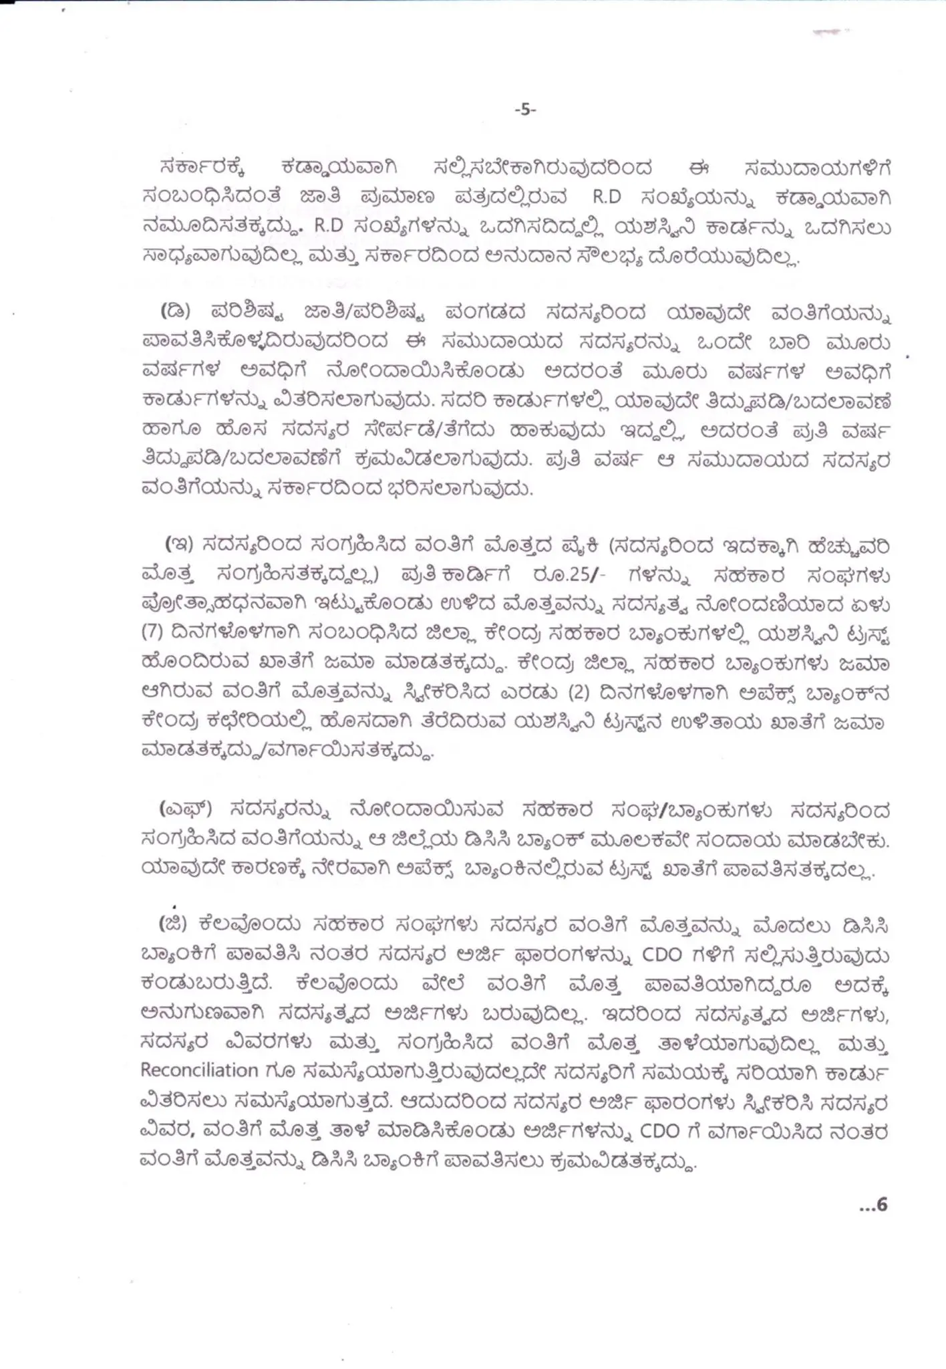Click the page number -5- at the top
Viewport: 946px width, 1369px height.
(525, 110)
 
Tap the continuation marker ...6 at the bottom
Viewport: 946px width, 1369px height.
(873, 1205)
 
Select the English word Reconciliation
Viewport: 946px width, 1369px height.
(199, 1070)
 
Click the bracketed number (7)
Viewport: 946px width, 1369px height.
(152, 633)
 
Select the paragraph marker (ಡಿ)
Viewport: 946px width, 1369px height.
(176, 312)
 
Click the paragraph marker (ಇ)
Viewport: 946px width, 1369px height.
(179, 545)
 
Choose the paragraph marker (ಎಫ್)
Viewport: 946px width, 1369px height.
(185, 810)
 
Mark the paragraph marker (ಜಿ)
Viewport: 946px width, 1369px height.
(174, 924)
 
